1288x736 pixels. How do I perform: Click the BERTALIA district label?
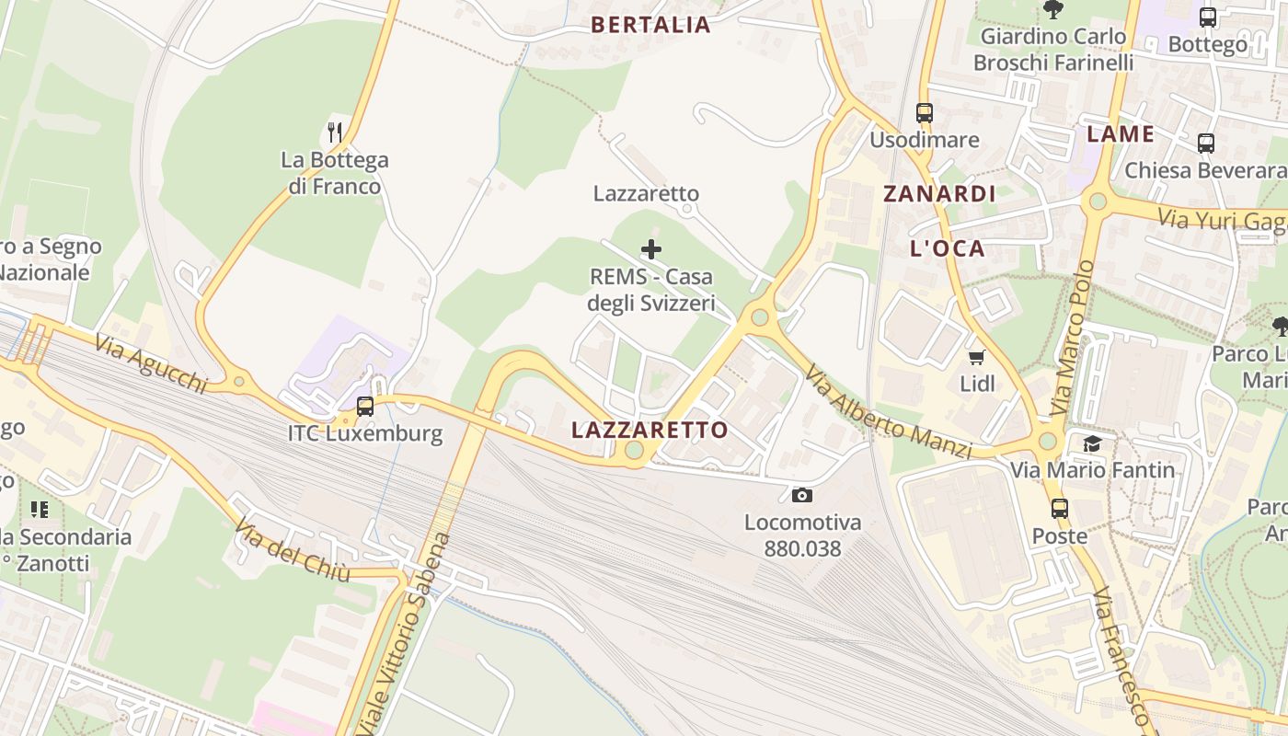coord(650,25)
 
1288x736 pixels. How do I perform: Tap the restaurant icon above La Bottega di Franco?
coord(335,132)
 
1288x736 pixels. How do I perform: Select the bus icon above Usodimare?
coord(925,113)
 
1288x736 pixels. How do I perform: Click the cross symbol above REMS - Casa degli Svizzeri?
coord(651,249)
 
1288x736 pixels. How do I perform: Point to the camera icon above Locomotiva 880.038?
coord(802,496)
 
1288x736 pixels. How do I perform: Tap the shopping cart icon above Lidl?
coord(976,357)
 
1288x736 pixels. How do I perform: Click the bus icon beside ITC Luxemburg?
coord(365,406)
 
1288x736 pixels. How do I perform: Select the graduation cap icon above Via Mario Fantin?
coord(1092,444)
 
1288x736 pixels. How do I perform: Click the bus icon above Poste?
coord(1060,509)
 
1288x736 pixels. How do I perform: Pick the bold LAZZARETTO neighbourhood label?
coord(650,430)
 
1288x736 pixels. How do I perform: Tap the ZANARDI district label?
coord(939,194)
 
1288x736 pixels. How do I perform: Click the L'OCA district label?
coord(947,248)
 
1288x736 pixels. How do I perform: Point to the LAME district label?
coord(1120,134)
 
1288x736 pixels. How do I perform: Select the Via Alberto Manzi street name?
coord(888,412)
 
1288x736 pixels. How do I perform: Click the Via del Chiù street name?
coord(292,551)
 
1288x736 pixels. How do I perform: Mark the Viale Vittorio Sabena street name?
coord(406,634)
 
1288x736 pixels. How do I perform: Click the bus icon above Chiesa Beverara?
coord(1206,144)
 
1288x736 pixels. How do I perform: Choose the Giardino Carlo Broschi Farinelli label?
coord(1053,50)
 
